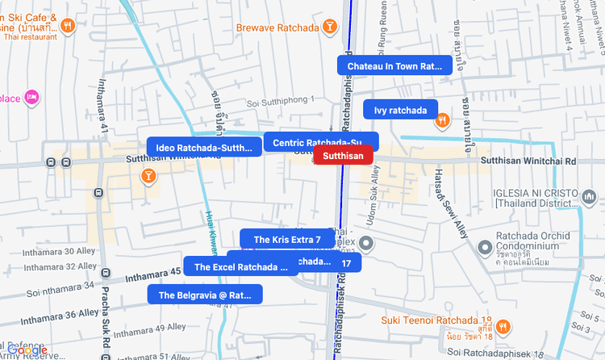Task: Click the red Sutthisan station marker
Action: pyautogui.click(x=343, y=156)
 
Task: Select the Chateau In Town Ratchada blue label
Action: pyautogui.click(x=394, y=65)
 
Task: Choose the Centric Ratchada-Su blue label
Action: pyautogui.click(x=320, y=143)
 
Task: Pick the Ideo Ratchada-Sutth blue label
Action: pyautogui.click(x=204, y=148)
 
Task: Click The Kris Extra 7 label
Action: pyautogui.click(x=286, y=240)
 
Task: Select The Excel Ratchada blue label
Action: pyautogui.click(x=240, y=266)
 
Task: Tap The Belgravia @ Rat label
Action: pyautogui.click(x=205, y=295)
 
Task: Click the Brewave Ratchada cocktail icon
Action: pyautogui.click(x=329, y=27)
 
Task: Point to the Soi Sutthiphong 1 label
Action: pyautogui.click(x=281, y=102)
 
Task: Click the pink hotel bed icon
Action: pyautogui.click(x=32, y=98)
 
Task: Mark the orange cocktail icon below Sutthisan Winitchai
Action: pyautogui.click(x=148, y=175)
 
